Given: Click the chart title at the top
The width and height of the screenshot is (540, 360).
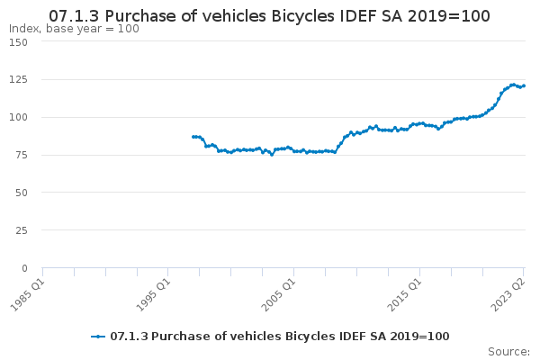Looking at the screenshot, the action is [x=269, y=16].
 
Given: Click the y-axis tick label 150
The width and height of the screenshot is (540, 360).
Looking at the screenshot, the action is [x=19, y=42].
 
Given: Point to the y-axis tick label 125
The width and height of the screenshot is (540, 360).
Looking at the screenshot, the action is [x=19, y=79].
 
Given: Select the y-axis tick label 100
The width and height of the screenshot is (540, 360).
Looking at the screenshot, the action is [x=19, y=117].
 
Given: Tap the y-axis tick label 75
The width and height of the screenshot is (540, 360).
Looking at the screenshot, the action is [x=22, y=155].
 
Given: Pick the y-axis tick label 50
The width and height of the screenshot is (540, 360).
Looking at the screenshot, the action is [x=22, y=193].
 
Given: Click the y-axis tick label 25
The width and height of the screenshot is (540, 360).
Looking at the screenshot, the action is [x=22, y=230].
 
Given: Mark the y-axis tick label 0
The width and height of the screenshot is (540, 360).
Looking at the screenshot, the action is [x=24, y=268].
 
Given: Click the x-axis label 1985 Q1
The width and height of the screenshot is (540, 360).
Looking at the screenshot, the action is [x=28, y=295].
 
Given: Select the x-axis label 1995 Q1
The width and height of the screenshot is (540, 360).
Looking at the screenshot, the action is [x=154, y=295].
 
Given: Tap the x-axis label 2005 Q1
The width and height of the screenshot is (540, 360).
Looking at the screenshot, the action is [x=279, y=295].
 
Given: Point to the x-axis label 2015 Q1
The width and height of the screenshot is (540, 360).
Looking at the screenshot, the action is [x=405, y=295].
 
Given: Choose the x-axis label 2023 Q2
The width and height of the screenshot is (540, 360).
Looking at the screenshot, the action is [x=508, y=295].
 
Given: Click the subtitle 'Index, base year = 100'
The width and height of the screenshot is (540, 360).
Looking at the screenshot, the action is [x=74, y=29].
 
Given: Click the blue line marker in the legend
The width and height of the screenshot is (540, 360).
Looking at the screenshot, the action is [x=98, y=337].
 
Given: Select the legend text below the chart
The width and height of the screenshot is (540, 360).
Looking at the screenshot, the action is [x=280, y=337].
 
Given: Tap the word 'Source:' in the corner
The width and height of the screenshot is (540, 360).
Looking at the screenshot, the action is [x=508, y=352].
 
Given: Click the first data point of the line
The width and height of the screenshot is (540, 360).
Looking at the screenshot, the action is [x=193, y=137].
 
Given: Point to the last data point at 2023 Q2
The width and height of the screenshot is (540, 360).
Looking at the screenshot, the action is [x=524, y=85].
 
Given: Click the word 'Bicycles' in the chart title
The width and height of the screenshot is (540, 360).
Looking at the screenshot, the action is [x=302, y=16].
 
